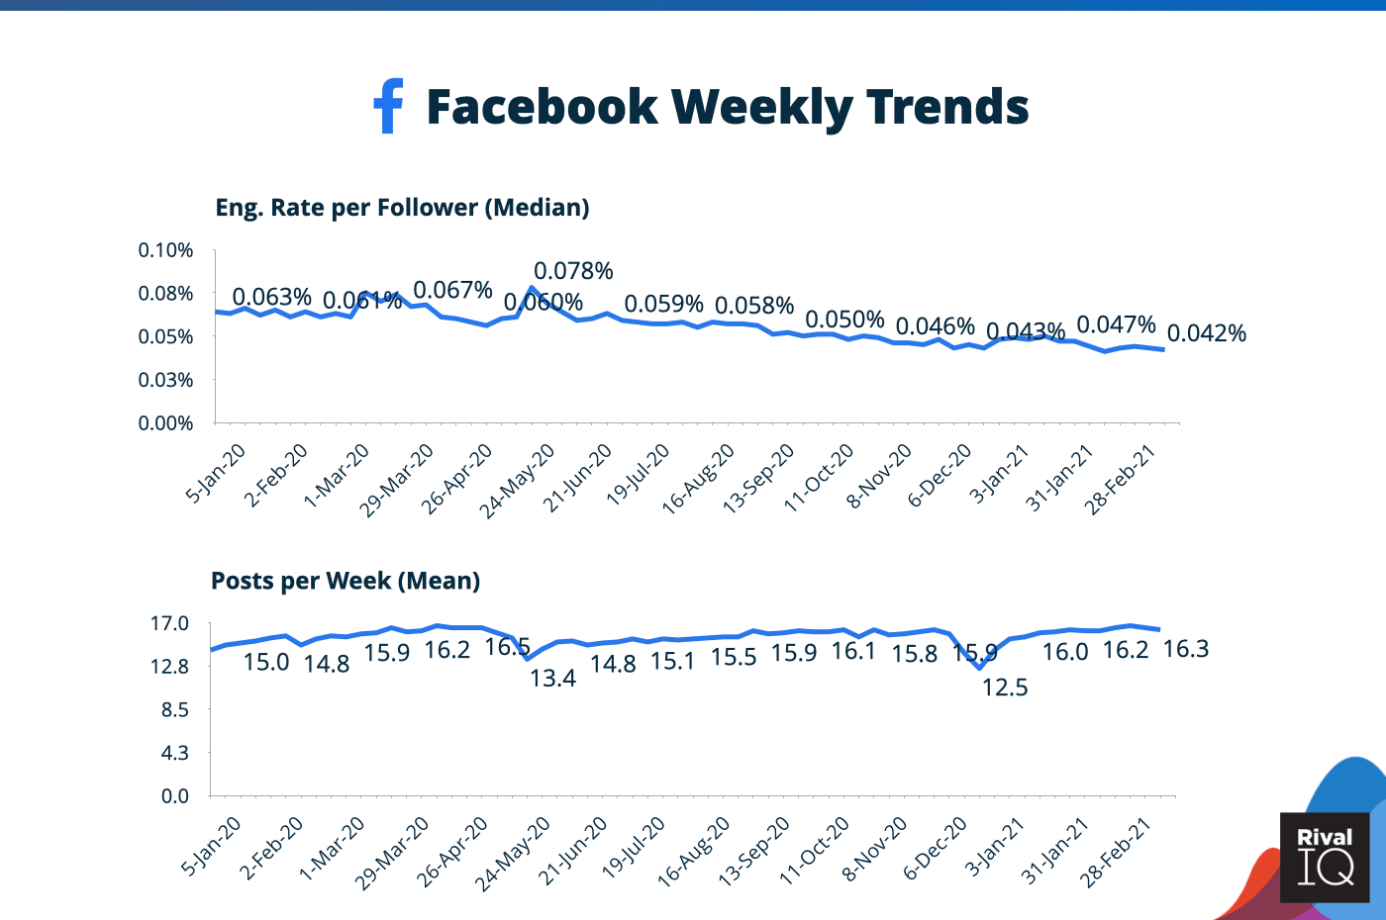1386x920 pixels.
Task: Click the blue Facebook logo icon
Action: (x=388, y=106)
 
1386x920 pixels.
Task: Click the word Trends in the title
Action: (x=947, y=107)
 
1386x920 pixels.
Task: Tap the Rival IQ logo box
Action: (x=1324, y=857)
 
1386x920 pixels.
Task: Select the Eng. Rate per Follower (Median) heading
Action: (x=402, y=208)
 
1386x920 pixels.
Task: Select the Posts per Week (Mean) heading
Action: (x=346, y=581)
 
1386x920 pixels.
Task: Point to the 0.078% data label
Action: (x=573, y=271)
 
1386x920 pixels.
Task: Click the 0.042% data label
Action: (x=1206, y=333)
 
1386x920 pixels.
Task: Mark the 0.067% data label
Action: (x=452, y=290)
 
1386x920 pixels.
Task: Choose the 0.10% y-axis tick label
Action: (x=165, y=250)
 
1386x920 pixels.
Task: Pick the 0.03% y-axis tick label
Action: (x=165, y=380)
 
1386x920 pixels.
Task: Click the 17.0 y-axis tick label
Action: (x=169, y=623)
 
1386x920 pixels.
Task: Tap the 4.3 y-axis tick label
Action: (x=174, y=753)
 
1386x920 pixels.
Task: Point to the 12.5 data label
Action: (x=1005, y=688)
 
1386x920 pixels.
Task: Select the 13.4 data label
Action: (x=552, y=679)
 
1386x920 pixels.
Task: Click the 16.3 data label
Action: (x=1185, y=649)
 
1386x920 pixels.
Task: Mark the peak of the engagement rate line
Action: (x=532, y=288)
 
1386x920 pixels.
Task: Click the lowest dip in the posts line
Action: (x=980, y=669)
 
